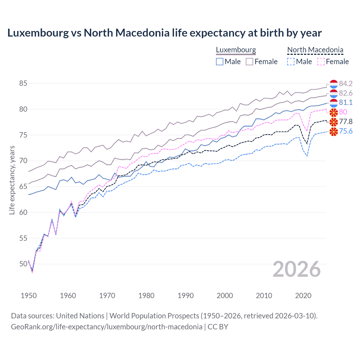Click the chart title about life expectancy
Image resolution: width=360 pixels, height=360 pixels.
click(x=164, y=33)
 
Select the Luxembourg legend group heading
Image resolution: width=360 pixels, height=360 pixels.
click(x=236, y=50)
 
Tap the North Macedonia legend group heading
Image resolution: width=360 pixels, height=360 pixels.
click(x=315, y=50)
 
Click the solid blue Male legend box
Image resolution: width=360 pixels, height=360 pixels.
click(x=220, y=62)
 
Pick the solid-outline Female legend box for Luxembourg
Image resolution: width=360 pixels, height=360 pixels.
click(x=249, y=62)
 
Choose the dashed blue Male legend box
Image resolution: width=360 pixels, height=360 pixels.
click(x=291, y=62)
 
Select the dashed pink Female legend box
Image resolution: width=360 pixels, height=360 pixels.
click(x=321, y=62)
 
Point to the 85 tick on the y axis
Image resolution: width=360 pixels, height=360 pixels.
click(x=23, y=84)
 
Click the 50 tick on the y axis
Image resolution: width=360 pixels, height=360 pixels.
click(x=23, y=264)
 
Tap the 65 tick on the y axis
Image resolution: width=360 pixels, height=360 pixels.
click(x=23, y=186)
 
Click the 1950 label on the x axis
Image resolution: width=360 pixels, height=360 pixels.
click(x=29, y=296)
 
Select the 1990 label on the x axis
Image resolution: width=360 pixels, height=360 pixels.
click(x=186, y=296)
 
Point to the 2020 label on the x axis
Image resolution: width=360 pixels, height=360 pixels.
click(x=303, y=296)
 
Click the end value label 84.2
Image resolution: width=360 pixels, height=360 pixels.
click(x=346, y=84)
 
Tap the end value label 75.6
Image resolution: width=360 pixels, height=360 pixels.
click(x=346, y=131)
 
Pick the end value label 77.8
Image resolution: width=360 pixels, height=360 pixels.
click(x=346, y=121)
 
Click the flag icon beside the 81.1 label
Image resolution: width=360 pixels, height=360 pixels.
click(x=334, y=103)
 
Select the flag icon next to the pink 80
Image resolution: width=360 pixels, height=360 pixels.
click(x=334, y=112)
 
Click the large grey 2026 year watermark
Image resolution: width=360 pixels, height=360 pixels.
click(x=296, y=269)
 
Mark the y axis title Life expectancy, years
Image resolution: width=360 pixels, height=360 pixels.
click(x=12, y=180)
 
